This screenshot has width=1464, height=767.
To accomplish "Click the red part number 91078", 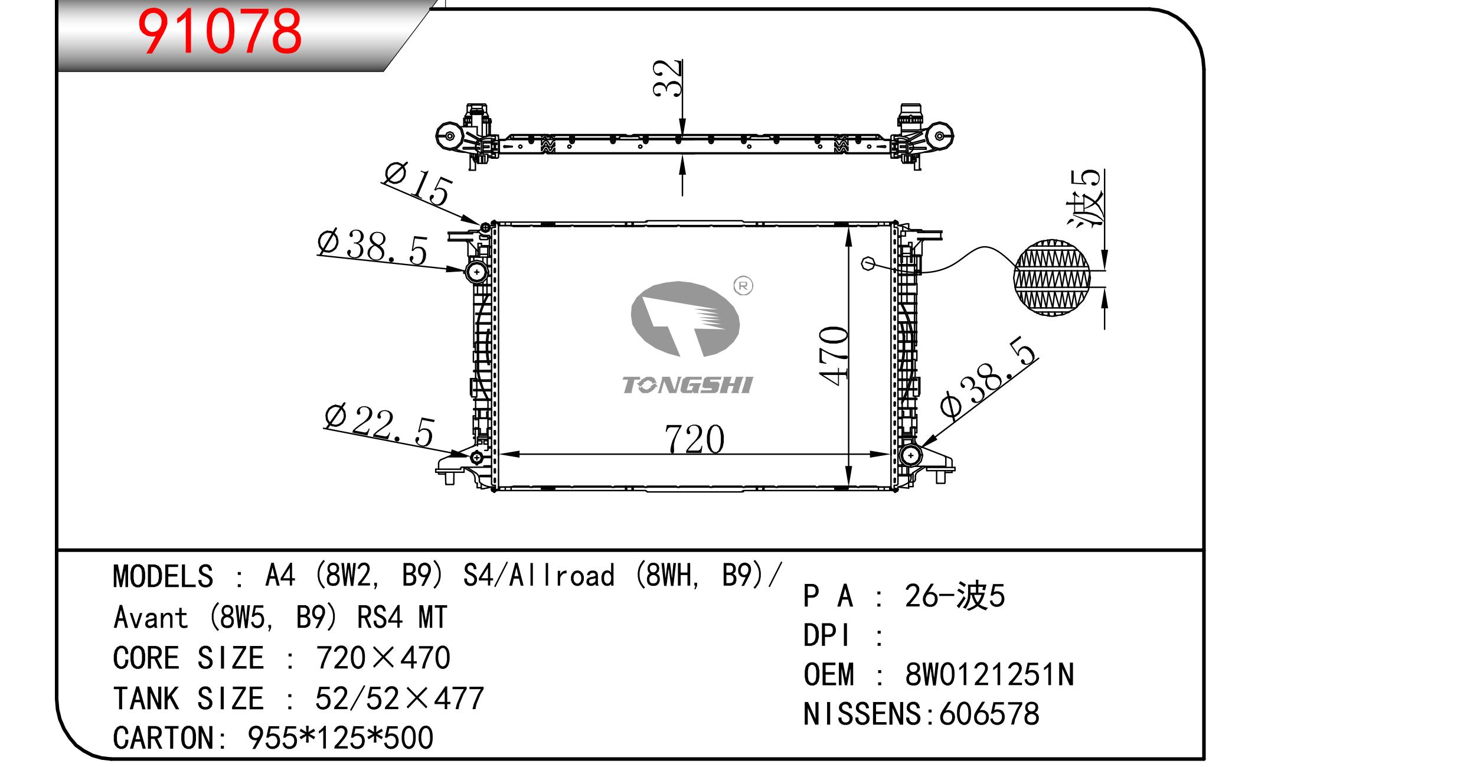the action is coord(219,31).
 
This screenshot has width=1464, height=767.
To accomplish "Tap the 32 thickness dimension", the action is coord(668,78).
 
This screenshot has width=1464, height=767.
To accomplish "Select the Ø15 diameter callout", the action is coord(417,184).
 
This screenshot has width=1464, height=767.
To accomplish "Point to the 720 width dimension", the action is coord(694,439).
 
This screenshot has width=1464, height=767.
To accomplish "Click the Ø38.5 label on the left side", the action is coord(372,247).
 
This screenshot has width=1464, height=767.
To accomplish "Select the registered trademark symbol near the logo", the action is coord(743,286).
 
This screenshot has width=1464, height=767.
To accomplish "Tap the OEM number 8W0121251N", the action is coord(989,674).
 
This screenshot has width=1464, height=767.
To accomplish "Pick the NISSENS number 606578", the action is coord(989,714).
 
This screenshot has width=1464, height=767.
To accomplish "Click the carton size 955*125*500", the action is coord(341,737).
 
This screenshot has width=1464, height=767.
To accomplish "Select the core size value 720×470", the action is coord(383,658).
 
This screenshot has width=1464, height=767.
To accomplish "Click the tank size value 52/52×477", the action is coord(400,698).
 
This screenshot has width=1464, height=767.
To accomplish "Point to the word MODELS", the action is coord(163,576).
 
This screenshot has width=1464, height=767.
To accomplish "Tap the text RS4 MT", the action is coord(402,618).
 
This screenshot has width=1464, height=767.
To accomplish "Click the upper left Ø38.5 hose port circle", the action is coord(476,272).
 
